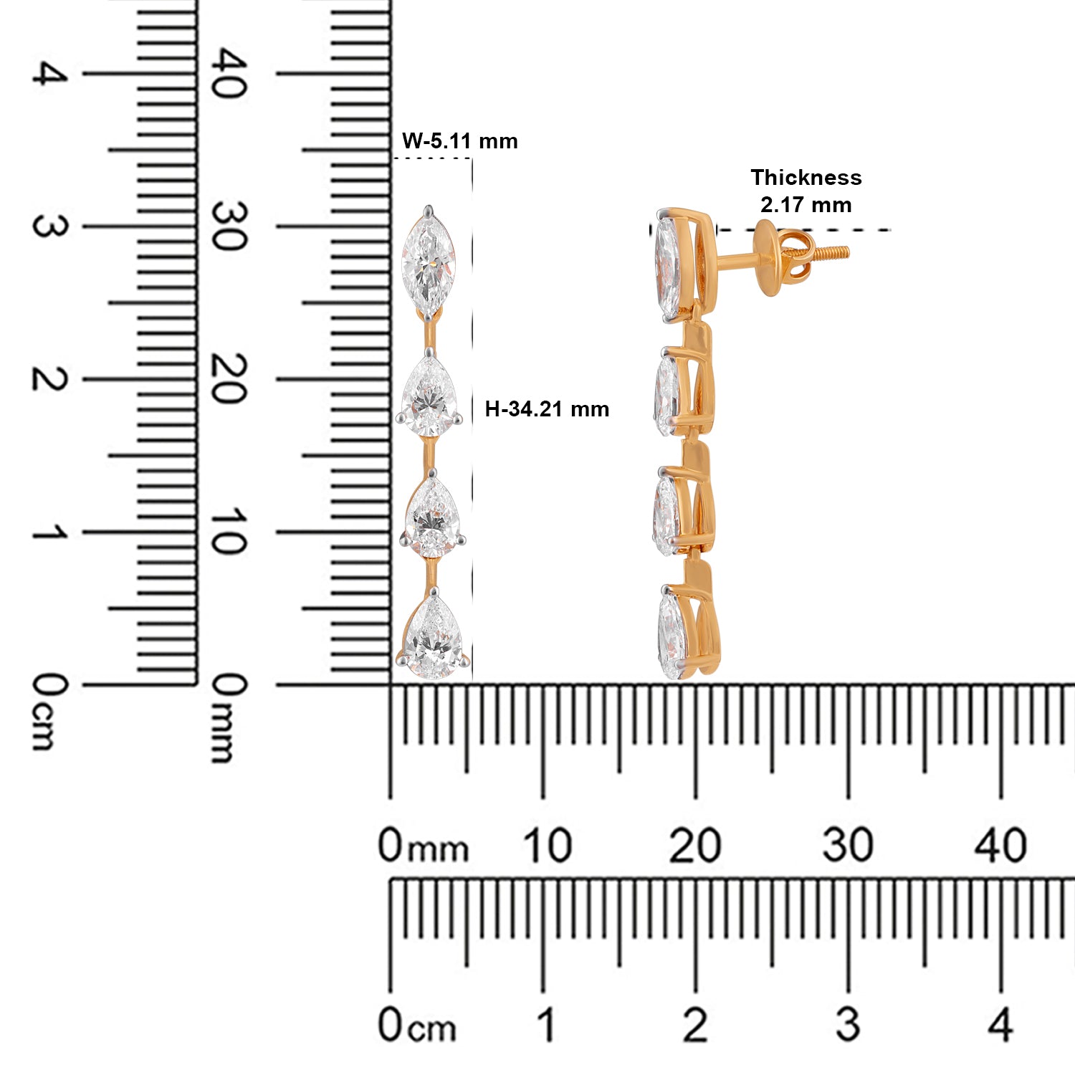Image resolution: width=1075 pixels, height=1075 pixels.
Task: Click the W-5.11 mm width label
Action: tap(459, 140)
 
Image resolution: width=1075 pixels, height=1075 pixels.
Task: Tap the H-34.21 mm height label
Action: tap(547, 409)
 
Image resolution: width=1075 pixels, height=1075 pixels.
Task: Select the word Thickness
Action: tap(806, 177)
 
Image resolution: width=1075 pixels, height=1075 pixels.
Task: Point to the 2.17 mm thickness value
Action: tap(806, 205)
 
